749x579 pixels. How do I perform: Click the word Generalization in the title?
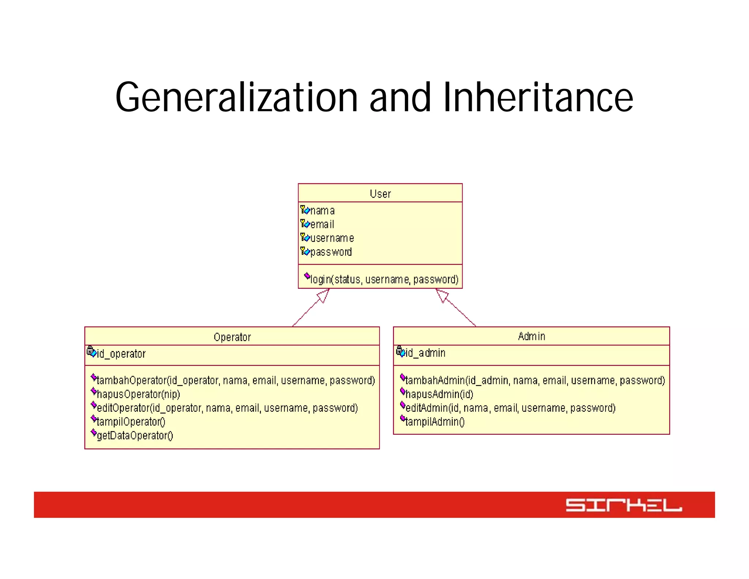coord(236,97)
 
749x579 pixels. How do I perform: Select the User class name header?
coord(380,194)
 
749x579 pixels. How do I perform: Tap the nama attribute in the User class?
coord(322,211)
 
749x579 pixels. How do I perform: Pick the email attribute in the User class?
coord(322,224)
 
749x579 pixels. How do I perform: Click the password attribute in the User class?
coord(331,252)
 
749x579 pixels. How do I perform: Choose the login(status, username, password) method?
coord(384,279)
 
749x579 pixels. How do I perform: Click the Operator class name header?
coord(232,337)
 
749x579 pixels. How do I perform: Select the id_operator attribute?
coord(121,354)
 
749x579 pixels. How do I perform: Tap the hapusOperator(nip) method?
coord(138,394)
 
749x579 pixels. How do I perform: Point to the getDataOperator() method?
coord(135,436)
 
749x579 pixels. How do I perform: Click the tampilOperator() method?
coord(131,422)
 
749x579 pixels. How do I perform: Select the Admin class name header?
coord(531,336)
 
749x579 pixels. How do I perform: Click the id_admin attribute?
coord(425,353)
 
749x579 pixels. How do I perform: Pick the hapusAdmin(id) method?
coord(439,394)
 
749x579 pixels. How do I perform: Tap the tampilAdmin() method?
coord(435,422)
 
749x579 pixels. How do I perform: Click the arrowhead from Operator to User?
coord(324,295)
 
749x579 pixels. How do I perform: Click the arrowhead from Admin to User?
coord(441,295)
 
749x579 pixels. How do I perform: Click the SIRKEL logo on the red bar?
coord(624,505)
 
